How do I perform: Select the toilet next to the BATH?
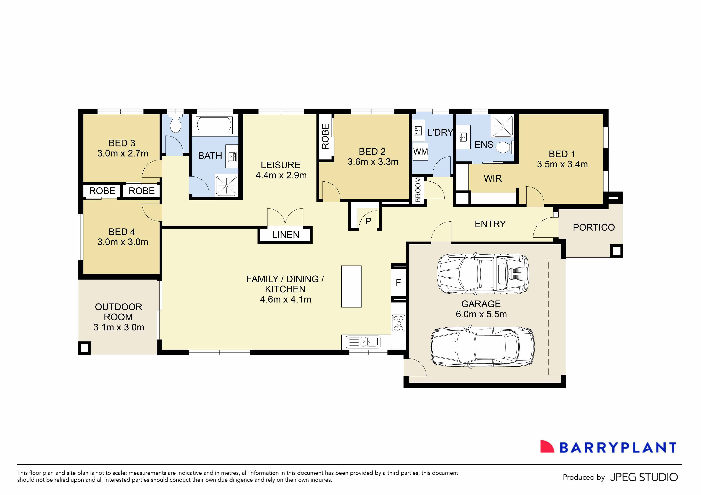pos(176,125)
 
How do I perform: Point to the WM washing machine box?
pos(420,152)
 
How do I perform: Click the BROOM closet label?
pos(418,190)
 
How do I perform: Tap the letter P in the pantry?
pos(368,221)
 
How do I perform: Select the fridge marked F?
pos(398,283)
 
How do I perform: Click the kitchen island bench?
pos(351,286)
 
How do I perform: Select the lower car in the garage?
pos(482,347)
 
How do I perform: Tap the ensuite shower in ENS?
pos(502,125)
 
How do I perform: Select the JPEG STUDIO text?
pos(644,477)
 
